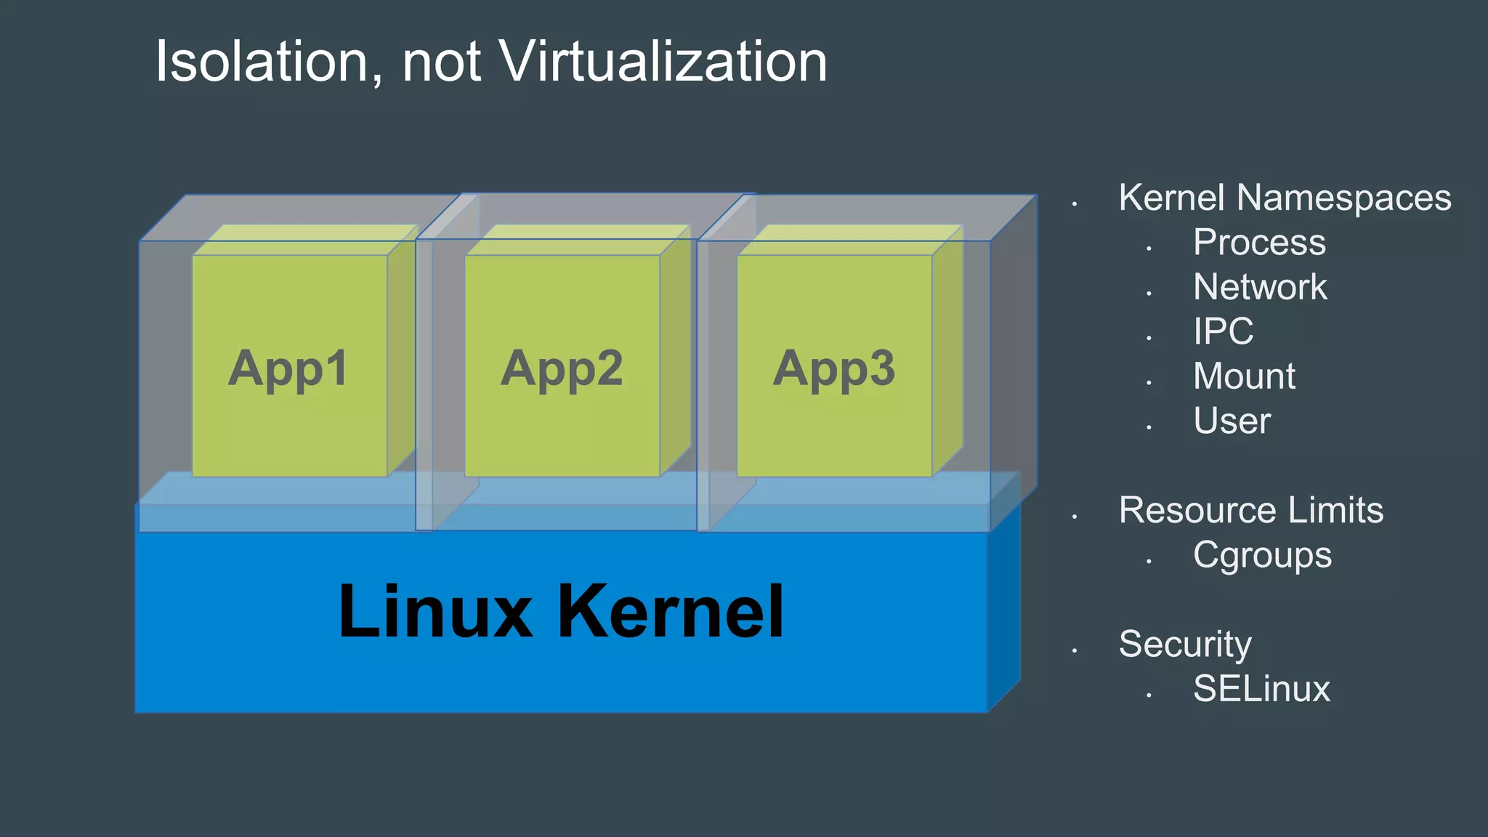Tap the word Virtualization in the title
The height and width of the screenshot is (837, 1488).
click(x=664, y=62)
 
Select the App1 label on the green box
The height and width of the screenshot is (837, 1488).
click(x=288, y=368)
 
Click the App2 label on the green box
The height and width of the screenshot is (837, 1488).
click(x=562, y=368)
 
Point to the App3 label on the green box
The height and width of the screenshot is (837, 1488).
click(x=834, y=368)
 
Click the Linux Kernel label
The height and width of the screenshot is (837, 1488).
click(x=561, y=612)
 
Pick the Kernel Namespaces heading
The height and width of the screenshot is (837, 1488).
click(x=1285, y=198)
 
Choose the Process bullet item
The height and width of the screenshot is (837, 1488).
click(x=1259, y=242)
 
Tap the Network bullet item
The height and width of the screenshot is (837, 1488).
click(x=1260, y=287)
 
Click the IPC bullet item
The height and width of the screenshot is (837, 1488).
click(x=1224, y=331)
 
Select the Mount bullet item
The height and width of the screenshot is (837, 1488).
click(x=1244, y=376)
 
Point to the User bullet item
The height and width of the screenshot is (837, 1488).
click(x=1232, y=421)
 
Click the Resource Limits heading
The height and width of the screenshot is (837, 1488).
click(x=1251, y=510)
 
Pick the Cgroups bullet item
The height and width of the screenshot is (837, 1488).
click(x=1262, y=556)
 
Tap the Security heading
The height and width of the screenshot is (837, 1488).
click(x=1185, y=644)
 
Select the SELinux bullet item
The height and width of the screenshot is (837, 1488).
click(x=1261, y=689)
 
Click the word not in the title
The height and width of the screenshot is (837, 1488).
click(x=441, y=62)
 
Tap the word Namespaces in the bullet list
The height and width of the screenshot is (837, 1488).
click(x=1344, y=198)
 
